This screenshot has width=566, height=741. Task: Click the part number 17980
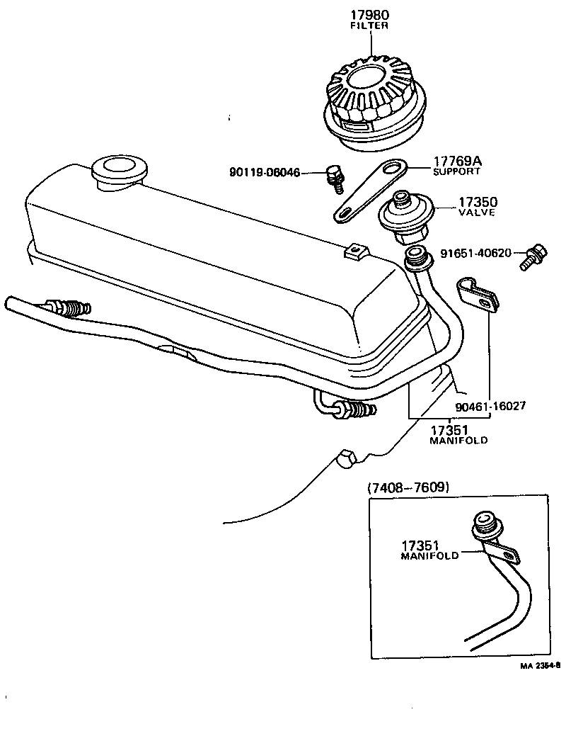click(369, 14)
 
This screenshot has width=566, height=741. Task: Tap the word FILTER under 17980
click(369, 26)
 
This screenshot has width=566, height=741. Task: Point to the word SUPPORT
click(456, 171)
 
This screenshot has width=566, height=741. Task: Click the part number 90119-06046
click(265, 172)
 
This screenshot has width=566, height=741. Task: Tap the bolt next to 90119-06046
click(334, 177)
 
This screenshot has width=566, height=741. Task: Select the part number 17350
click(477, 202)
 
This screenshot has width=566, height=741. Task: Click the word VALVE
click(477, 213)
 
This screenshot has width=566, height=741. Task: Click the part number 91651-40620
click(475, 253)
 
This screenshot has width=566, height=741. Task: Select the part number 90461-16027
click(490, 407)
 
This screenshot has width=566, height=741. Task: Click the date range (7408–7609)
click(409, 487)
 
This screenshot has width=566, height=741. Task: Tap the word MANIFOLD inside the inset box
click(429, 556)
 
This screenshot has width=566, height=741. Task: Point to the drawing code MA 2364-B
click(540, 666)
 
